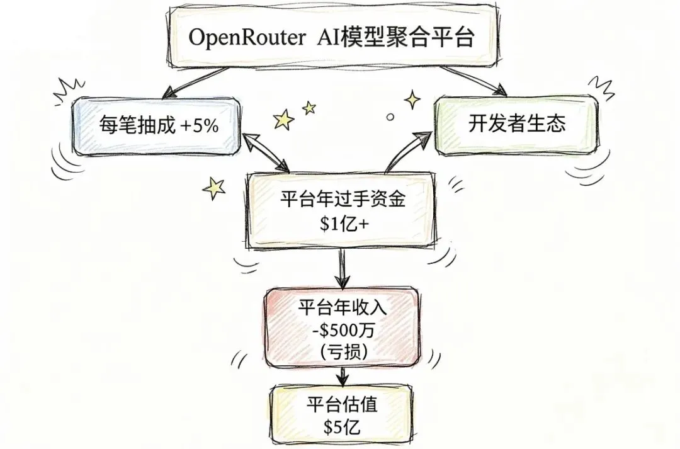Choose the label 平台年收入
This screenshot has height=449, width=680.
(x=341, y=309)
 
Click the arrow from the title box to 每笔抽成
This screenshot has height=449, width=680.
(x=189, y=81)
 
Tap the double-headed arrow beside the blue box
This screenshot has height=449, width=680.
(x=264, y=152)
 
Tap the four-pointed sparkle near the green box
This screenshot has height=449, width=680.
(x=412, y=99)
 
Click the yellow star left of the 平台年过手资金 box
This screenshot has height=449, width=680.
(x=215, y=186)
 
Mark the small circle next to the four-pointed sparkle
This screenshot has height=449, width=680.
(x=390, y=117)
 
